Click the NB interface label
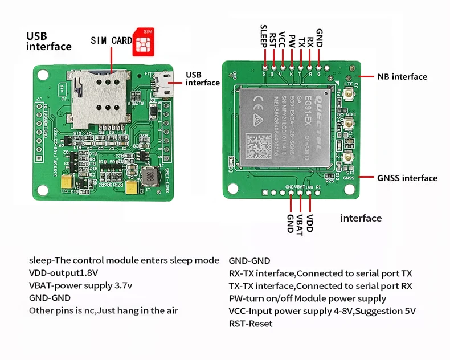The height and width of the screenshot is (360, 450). point(402,77)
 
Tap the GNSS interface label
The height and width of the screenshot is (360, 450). point(407,178)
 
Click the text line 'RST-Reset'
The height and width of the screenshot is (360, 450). point(250,324)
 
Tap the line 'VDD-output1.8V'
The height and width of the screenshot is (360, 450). point(63,273)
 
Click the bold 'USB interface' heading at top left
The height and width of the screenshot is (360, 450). point(48,41)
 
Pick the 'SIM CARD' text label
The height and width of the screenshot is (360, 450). point(111,41)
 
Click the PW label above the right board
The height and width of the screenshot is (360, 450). point(291,41)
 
